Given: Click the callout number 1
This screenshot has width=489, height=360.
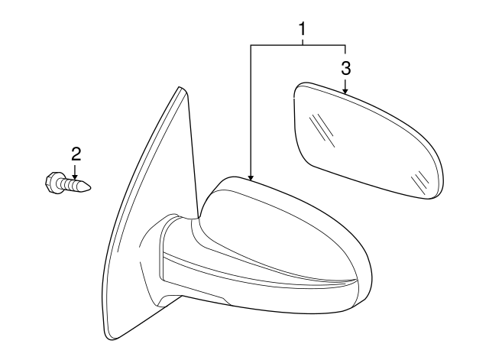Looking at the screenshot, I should (x=303, y=29).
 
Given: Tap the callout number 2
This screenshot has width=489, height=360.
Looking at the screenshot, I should (x=76, y=153).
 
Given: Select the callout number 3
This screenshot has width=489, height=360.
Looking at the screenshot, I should (x=345, y=67).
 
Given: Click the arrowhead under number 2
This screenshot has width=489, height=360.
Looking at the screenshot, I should (x=76, y=174).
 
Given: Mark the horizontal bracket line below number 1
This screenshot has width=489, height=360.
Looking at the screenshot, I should (x=298, y=45).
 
